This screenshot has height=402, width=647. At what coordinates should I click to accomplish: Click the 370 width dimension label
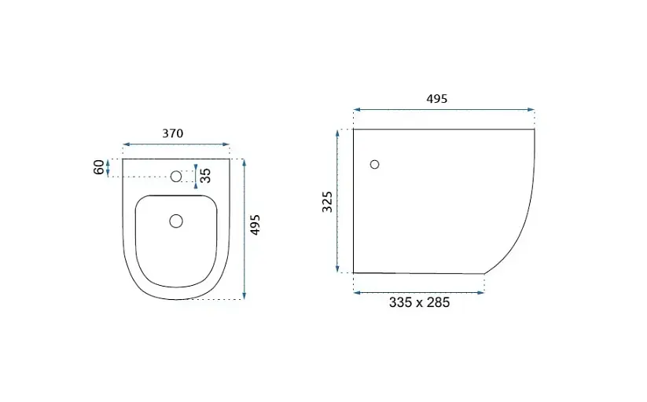172,133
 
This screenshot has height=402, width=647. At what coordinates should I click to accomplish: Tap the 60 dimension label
99,167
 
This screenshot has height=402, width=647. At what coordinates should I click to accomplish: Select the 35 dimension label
205,176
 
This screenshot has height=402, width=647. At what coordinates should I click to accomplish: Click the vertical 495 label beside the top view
255,225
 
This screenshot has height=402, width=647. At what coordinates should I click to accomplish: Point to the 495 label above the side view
436,99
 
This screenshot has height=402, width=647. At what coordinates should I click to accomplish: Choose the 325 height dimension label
327,202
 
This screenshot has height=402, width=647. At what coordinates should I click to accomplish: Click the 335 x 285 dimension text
419,302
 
